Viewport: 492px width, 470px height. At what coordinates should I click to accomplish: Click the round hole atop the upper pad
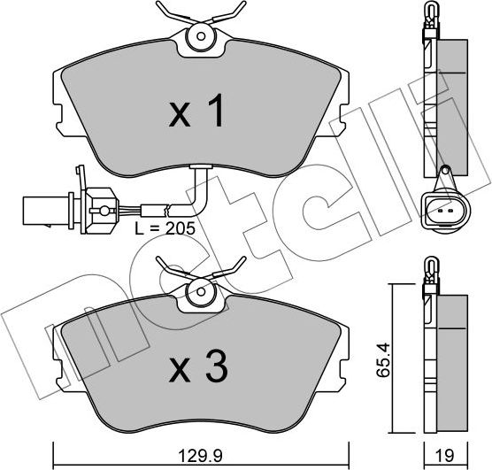click(x=200, y=37)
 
